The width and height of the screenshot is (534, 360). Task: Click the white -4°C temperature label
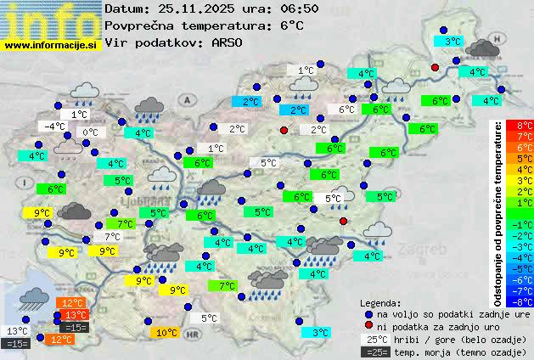click(x=54, y=127)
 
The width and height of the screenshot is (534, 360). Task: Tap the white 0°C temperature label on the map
click(x=90, y=132)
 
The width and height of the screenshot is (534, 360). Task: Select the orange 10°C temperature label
click(x=166, y=333)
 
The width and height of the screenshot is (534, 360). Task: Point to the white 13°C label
click(x=17, y=331)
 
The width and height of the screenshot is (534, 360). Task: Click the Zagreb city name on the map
click(x=426, y=251)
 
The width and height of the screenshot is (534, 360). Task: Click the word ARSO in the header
click(x=228, y=42)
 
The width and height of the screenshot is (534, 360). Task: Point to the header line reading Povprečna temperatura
click(x=204, y=25)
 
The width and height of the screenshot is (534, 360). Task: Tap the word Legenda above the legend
click(x=380, y=303)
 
